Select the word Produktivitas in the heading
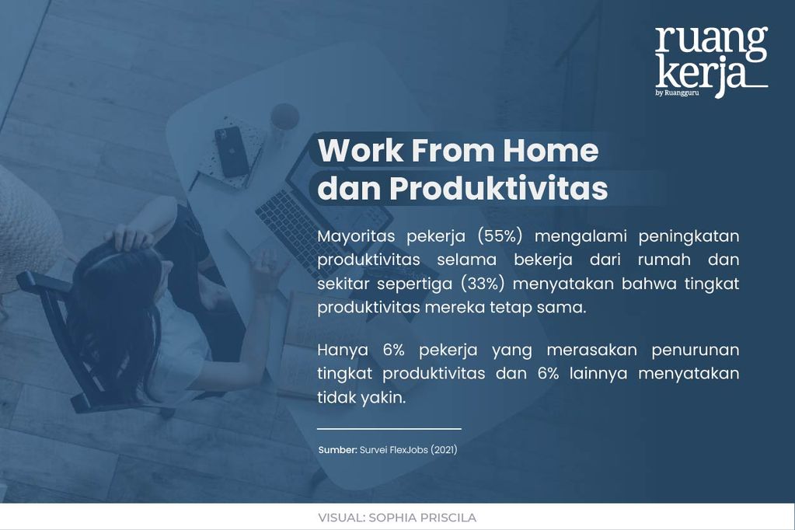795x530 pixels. [x=498, y=189]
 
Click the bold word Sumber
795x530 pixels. [x=337, y=450]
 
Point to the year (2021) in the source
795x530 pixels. [x=444, y=450]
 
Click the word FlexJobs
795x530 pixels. [x=408, y=450]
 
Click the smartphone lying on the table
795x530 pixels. [x=232, y=151]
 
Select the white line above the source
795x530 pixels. [x=389, y=428]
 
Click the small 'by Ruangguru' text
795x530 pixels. [x=671, y=93]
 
